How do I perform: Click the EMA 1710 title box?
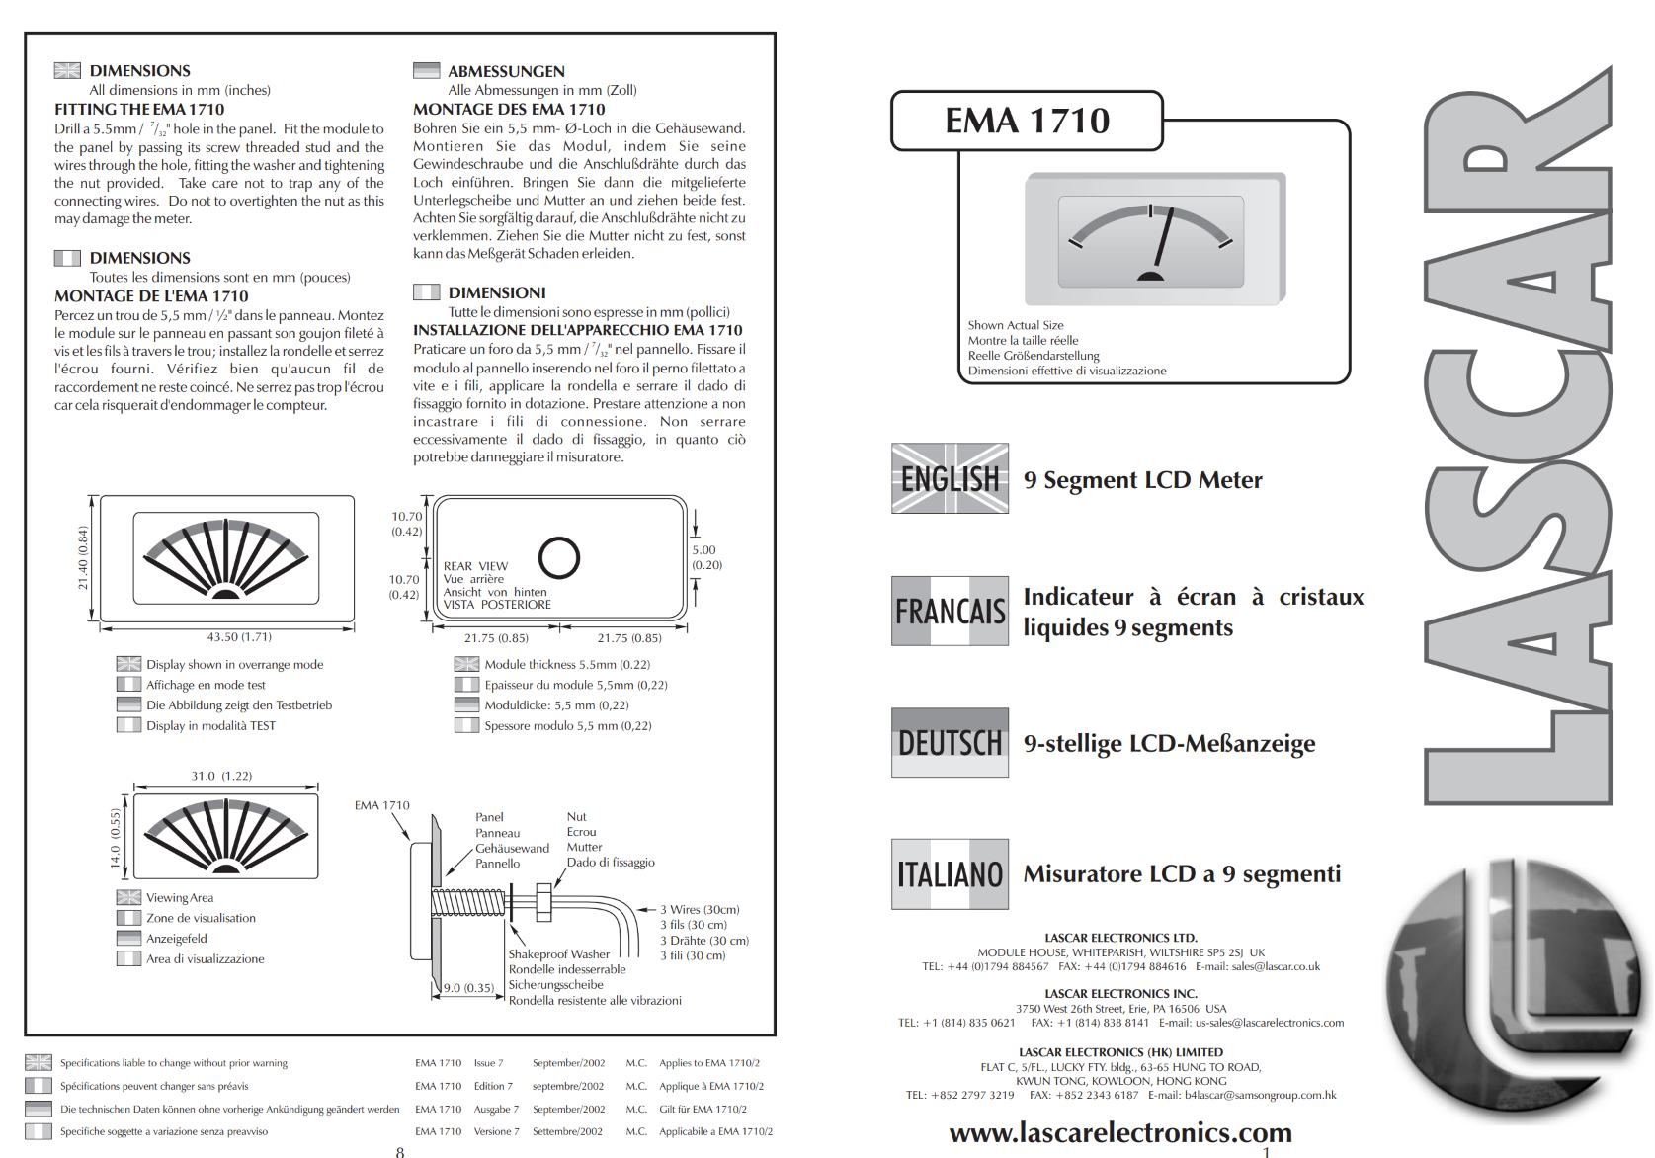coord(1027,121)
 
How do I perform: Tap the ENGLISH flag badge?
coord(950,478)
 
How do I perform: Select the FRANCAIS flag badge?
coord(950,612)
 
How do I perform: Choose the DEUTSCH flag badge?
coord(950,743)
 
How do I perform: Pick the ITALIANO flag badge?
coord(950,874)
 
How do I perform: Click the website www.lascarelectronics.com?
coord(1120,1132)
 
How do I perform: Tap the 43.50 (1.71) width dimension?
coord(239,637)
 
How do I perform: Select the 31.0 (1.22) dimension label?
coord(221,776)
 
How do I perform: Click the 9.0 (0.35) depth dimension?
coord(468,988)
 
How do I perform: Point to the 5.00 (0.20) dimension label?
coord(706,557)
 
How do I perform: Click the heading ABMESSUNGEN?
coord(506,72)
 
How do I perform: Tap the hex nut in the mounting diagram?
coord(543,902)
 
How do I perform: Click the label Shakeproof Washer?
coord(558,954)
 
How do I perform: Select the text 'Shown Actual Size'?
coord(1015,325)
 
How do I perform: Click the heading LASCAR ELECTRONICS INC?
coord(1120,994)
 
